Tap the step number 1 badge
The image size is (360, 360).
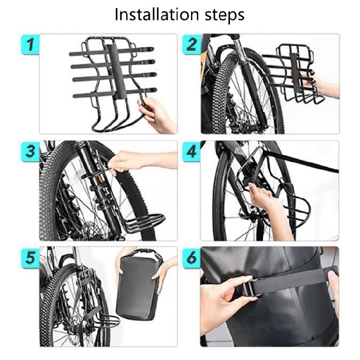point(30,46)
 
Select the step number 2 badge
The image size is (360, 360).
point(192,46)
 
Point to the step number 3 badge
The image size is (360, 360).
point(30,153)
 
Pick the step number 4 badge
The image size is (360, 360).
point(192,153)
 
